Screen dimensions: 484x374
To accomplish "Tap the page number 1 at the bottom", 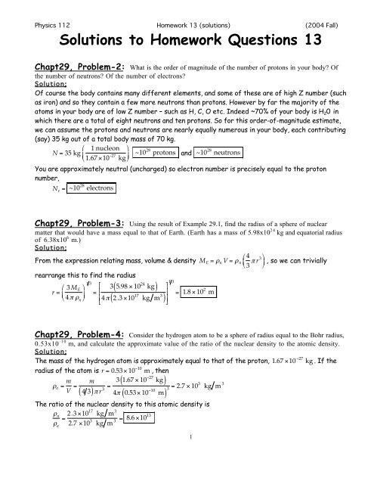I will point(187,475).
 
